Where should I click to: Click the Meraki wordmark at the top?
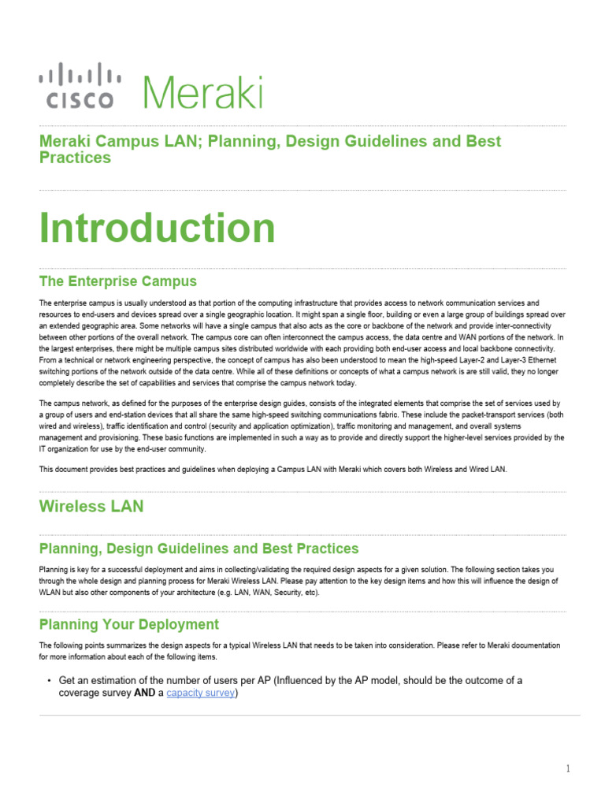[x=202, y=92]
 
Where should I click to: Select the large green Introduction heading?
[x=158, y=229]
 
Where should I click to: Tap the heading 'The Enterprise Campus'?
[x=118, y=281]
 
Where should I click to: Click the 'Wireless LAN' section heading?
[x=91, y=507]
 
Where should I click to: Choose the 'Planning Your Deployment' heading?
[x=129, y=624]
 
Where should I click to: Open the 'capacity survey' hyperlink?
[x=200, y=694]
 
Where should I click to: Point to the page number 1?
[x=567, y=769]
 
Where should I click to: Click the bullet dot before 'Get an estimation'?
[x=49, y=680]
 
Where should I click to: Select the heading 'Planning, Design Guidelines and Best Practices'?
[x=199, y=549]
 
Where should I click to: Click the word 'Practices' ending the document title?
[x=75, y=158]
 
